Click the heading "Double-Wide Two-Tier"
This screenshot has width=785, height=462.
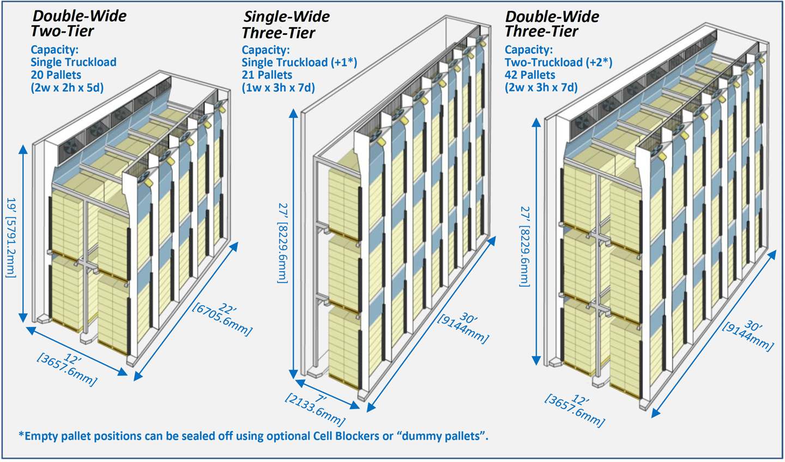[78, 23]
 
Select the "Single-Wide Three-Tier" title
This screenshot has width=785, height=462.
[286, 25]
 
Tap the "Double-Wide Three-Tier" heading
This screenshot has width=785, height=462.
[552, 24]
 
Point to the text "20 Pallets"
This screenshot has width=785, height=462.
[56, 75]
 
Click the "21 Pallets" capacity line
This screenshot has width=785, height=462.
[267, 75]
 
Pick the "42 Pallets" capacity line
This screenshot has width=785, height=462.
[530, 75]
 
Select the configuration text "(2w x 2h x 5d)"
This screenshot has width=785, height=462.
[67, 88]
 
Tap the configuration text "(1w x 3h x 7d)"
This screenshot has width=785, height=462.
[278, 88]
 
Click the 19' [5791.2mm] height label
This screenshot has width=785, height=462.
[11, 237]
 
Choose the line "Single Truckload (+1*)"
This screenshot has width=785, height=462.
[299, 63]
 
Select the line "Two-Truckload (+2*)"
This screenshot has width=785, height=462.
[558, 63]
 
